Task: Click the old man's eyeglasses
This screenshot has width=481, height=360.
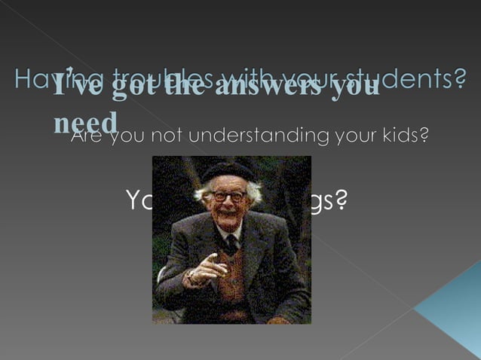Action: [229, 196]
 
